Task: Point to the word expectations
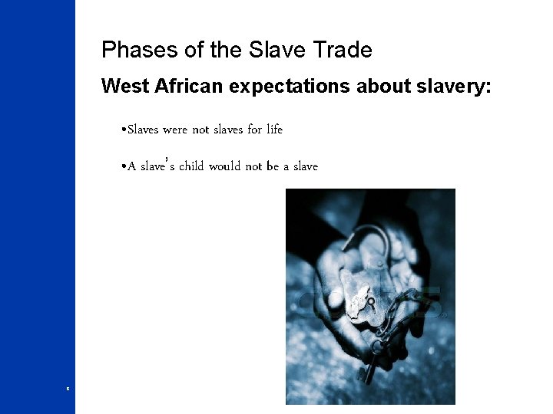[290, 87]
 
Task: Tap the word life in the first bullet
[274, 130]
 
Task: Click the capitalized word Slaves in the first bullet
[143, 130]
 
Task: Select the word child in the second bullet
[191, 166]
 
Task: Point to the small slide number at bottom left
[68, 389]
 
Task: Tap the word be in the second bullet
[273, 166]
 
